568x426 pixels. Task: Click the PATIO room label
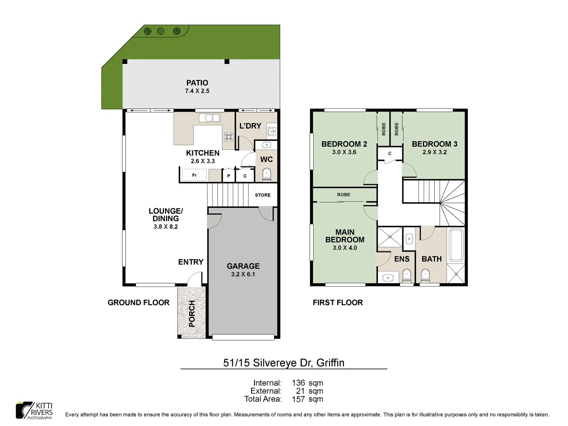(x=197, y=83)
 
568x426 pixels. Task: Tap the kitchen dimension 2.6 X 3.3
(x=203, y=161)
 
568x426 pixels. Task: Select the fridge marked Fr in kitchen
(x=194, y=175)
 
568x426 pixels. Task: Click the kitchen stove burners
(x=229, y=137)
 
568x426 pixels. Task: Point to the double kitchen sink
(x=209, y=118)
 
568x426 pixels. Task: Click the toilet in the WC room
(x=267, y=174)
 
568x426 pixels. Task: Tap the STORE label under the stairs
(x=263, y=195)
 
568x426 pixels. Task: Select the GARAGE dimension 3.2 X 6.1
(x=243, y=275)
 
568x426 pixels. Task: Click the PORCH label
(x=192, y=314)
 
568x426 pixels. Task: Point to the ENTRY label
(x=191, y=262)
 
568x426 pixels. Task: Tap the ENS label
(x=402, y=259)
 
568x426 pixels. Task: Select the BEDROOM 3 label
(x=434, y=144)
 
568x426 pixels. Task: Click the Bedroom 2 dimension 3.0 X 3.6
(x=344, y=152)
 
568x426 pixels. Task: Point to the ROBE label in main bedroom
(x=344, y=195)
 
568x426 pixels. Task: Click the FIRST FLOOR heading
(x=338, y=303)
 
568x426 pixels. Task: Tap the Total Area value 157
(x=298, y=399)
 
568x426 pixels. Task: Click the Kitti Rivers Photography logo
(x=34, y=411)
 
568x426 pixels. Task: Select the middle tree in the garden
(x=161, y=31)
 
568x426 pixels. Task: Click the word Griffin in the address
(x=330, y=363)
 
